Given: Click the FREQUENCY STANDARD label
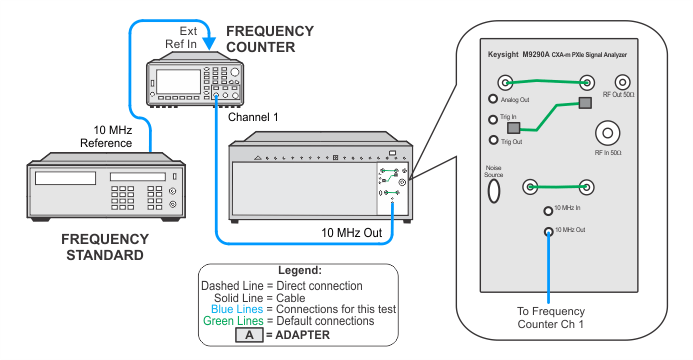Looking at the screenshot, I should tap(104, 247).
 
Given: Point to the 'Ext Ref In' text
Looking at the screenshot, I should tap(182, 38).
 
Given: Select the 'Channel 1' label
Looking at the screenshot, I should tap(254, 117).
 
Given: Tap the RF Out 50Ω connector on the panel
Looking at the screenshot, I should tap(622, 83).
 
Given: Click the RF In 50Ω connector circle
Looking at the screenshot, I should tap(608, 132).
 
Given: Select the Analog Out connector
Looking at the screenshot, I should tap(492, 99).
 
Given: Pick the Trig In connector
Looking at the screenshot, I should tap(492, 119).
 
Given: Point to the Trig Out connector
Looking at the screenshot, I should tap(492, 141).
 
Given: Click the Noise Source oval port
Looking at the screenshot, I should tap(493, 192).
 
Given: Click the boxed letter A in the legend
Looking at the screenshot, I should tap(248, 335).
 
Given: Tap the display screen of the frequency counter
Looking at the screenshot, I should tap(172, 77).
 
